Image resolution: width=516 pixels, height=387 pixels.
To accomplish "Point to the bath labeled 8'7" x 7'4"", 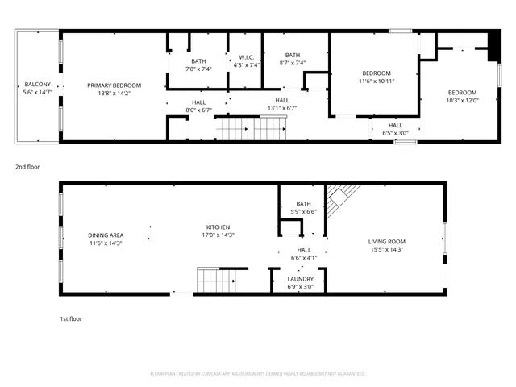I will click(x=292, y=59).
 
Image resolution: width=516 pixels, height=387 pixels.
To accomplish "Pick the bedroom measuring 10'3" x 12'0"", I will click(x=462, y=97).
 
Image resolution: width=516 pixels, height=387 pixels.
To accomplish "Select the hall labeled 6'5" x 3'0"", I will click(x=395, y=129).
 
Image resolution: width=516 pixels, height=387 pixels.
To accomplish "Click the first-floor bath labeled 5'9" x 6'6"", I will click(x=303, y=207).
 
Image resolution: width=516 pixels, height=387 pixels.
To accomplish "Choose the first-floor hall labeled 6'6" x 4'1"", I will click(x=304, y=254).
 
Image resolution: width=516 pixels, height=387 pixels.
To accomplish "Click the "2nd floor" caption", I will click(x=27, y=167).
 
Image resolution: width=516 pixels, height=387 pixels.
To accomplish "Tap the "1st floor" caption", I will click(x=71, y=318).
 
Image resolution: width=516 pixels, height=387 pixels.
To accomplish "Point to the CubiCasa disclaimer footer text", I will click(x=258, y=374).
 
